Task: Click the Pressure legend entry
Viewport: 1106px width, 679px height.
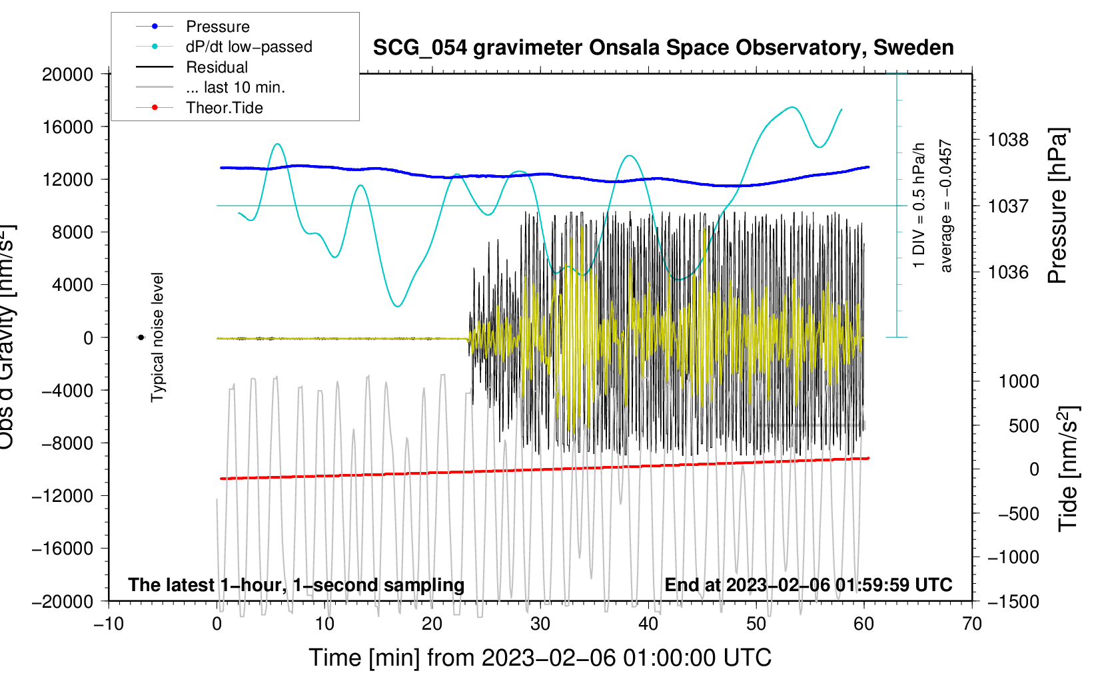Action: pyautogui.click(x=217, y=27)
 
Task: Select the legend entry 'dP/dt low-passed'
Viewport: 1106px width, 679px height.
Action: pyautogui.click(x=249, y=47)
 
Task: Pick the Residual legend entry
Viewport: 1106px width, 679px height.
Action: pyautogui.click(x=217, y=67)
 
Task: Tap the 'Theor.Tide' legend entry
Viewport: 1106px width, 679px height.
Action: pyautogui.click(x=224, y=108)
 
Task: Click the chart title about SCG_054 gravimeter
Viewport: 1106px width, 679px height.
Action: pyautogui.click(x=663, y=48)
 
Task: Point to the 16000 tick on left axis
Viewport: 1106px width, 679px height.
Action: pyautogui.click(x=68, y=126)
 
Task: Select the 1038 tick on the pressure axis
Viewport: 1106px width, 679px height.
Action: pyautogui.click(x=1008, y=140)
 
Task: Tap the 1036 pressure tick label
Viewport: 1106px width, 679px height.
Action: pyautogui.click(x=1008, y=272)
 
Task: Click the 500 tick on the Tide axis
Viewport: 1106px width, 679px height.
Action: pyautogui.click(x=1023, y=425)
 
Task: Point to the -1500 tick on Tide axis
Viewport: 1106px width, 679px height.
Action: pyautogui.click(x=1013, y=601)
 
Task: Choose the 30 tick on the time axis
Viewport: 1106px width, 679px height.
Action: pyautogui.click(x=540, y=624)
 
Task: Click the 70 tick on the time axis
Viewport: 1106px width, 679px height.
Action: pyautogui.click(x=972, y=624)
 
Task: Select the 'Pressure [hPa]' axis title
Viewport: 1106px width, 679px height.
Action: pyautogui.click(x=1057, y=206)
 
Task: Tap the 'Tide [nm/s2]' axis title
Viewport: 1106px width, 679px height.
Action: pyautogui.click(x=1068, y=468)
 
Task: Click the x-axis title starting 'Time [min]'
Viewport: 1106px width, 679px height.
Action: pyautogui.click(x=540, y=658)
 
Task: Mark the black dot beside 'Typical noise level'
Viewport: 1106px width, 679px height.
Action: pyautogui.click(x=141, y=338)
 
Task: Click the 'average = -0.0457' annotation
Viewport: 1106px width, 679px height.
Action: pyautogui.click(x=946, y=206)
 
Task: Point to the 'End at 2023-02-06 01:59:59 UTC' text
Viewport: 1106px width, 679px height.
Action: pyautogui.click(x=808, y=584)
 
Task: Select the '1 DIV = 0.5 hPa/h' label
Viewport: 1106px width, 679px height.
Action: pyautogui.click(x=919, y=205)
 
